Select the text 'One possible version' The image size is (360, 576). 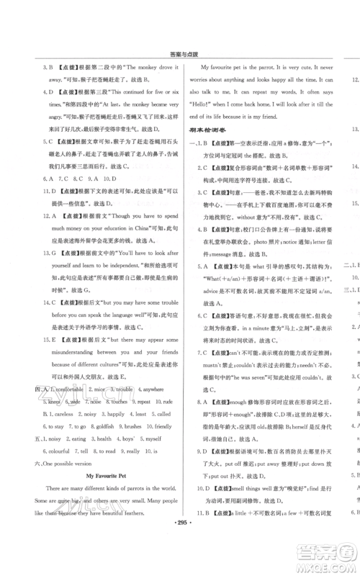point(69,464)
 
